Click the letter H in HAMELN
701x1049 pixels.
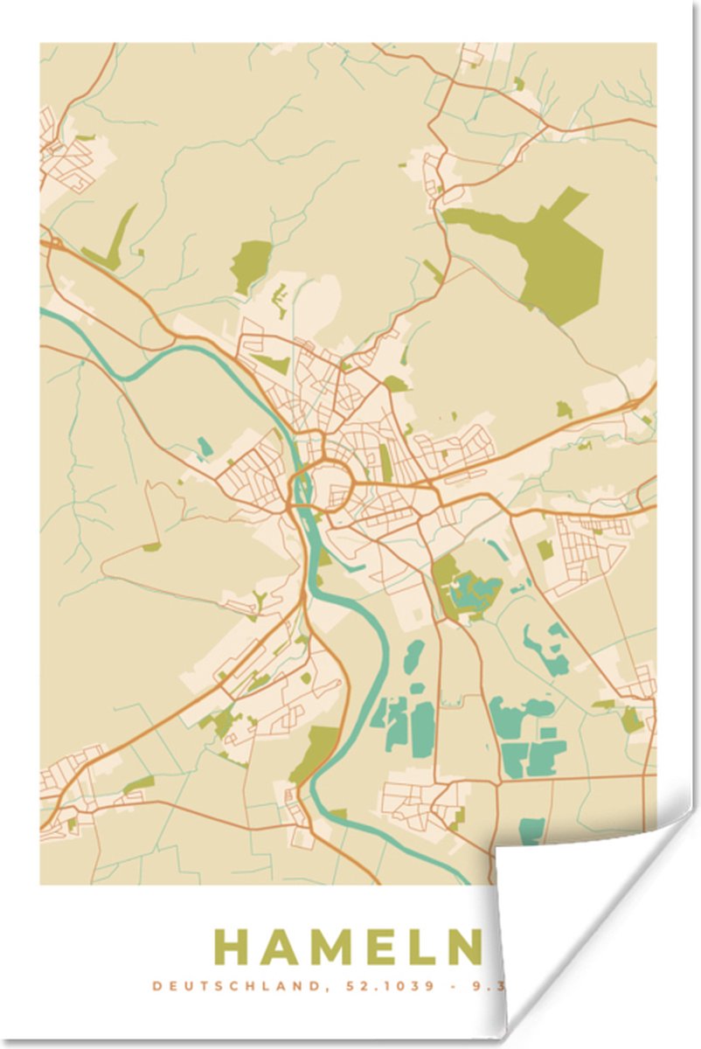tap(233, 947)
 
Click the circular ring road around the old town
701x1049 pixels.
tap(320, 490)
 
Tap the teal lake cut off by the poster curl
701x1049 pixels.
tap(531, 830)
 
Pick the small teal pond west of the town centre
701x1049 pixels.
tap(205, 448)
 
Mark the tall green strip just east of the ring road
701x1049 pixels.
tap(385, 463)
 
